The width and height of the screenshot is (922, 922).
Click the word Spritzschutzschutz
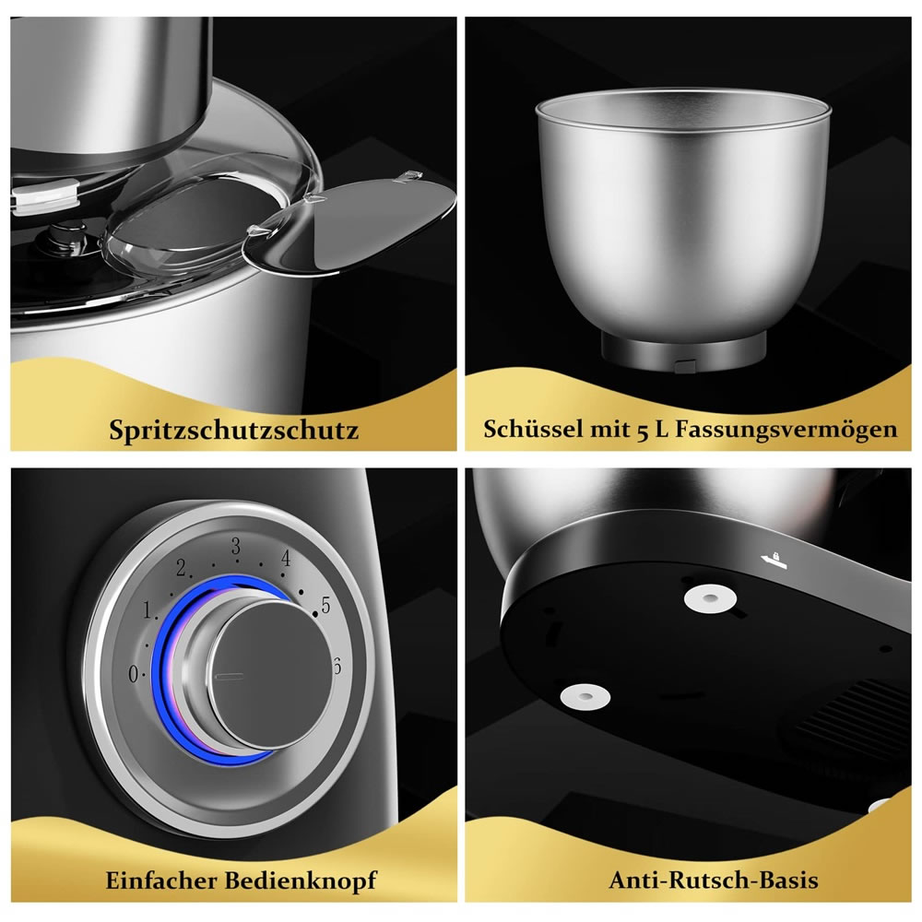233,430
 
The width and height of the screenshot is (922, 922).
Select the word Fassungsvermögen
786,430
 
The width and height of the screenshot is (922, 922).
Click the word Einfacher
161,881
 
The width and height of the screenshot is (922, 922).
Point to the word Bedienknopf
301,881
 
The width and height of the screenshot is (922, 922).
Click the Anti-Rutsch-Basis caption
714,881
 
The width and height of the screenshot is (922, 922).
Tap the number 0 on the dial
134,674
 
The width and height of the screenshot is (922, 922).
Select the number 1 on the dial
148,609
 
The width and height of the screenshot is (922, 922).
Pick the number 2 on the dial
181,567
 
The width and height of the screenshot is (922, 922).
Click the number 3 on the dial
236,547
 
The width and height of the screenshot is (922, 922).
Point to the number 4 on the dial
286,558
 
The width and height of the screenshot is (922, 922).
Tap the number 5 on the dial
325,605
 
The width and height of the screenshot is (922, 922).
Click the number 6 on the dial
337,667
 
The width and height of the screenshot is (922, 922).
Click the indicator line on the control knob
230,676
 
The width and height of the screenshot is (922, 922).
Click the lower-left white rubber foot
585,696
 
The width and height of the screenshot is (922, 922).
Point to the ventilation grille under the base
856,718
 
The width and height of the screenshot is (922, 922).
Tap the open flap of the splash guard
349,227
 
